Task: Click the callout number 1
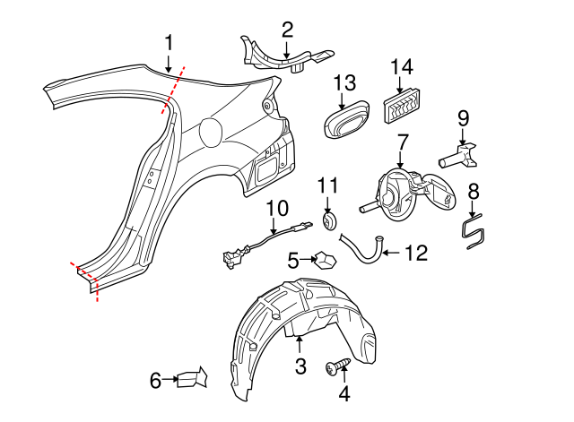click(169, 42)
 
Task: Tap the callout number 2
click(286, 30)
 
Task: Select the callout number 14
click(402, 67)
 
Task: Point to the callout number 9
click(463, 118)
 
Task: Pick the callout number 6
click(155, 381)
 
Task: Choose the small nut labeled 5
click(324, 261)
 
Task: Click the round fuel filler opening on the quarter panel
click(213, 132)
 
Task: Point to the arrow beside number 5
click(306, 261)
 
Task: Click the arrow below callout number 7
click(401, 161)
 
